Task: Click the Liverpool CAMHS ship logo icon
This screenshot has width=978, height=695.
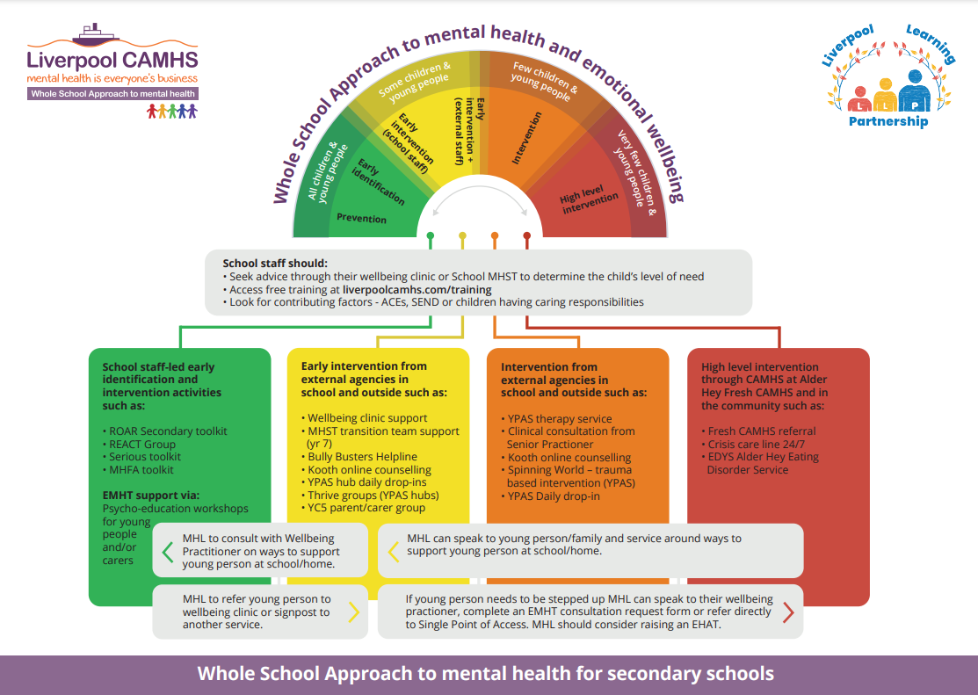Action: coord(94,36)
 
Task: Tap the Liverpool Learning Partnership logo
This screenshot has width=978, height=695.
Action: coord(887,77)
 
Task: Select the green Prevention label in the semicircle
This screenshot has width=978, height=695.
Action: coord(361,218)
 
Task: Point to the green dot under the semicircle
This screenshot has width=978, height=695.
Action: coord(430,235)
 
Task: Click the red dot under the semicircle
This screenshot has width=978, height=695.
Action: coord(527,235)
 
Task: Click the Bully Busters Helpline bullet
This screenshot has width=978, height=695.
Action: coord(362,457)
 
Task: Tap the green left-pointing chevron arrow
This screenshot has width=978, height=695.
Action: coord(168,551)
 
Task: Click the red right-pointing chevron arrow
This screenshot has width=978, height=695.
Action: coord(787,612)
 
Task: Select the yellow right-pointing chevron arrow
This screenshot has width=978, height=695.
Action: coord(353,612)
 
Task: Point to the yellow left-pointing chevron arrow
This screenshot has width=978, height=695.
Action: coord(393,551)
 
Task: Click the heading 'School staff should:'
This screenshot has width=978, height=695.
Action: coord(274,263)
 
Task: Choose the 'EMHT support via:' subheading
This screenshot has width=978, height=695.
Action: coord(151,496)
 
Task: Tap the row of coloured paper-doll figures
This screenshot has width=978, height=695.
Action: coord(172,111)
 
